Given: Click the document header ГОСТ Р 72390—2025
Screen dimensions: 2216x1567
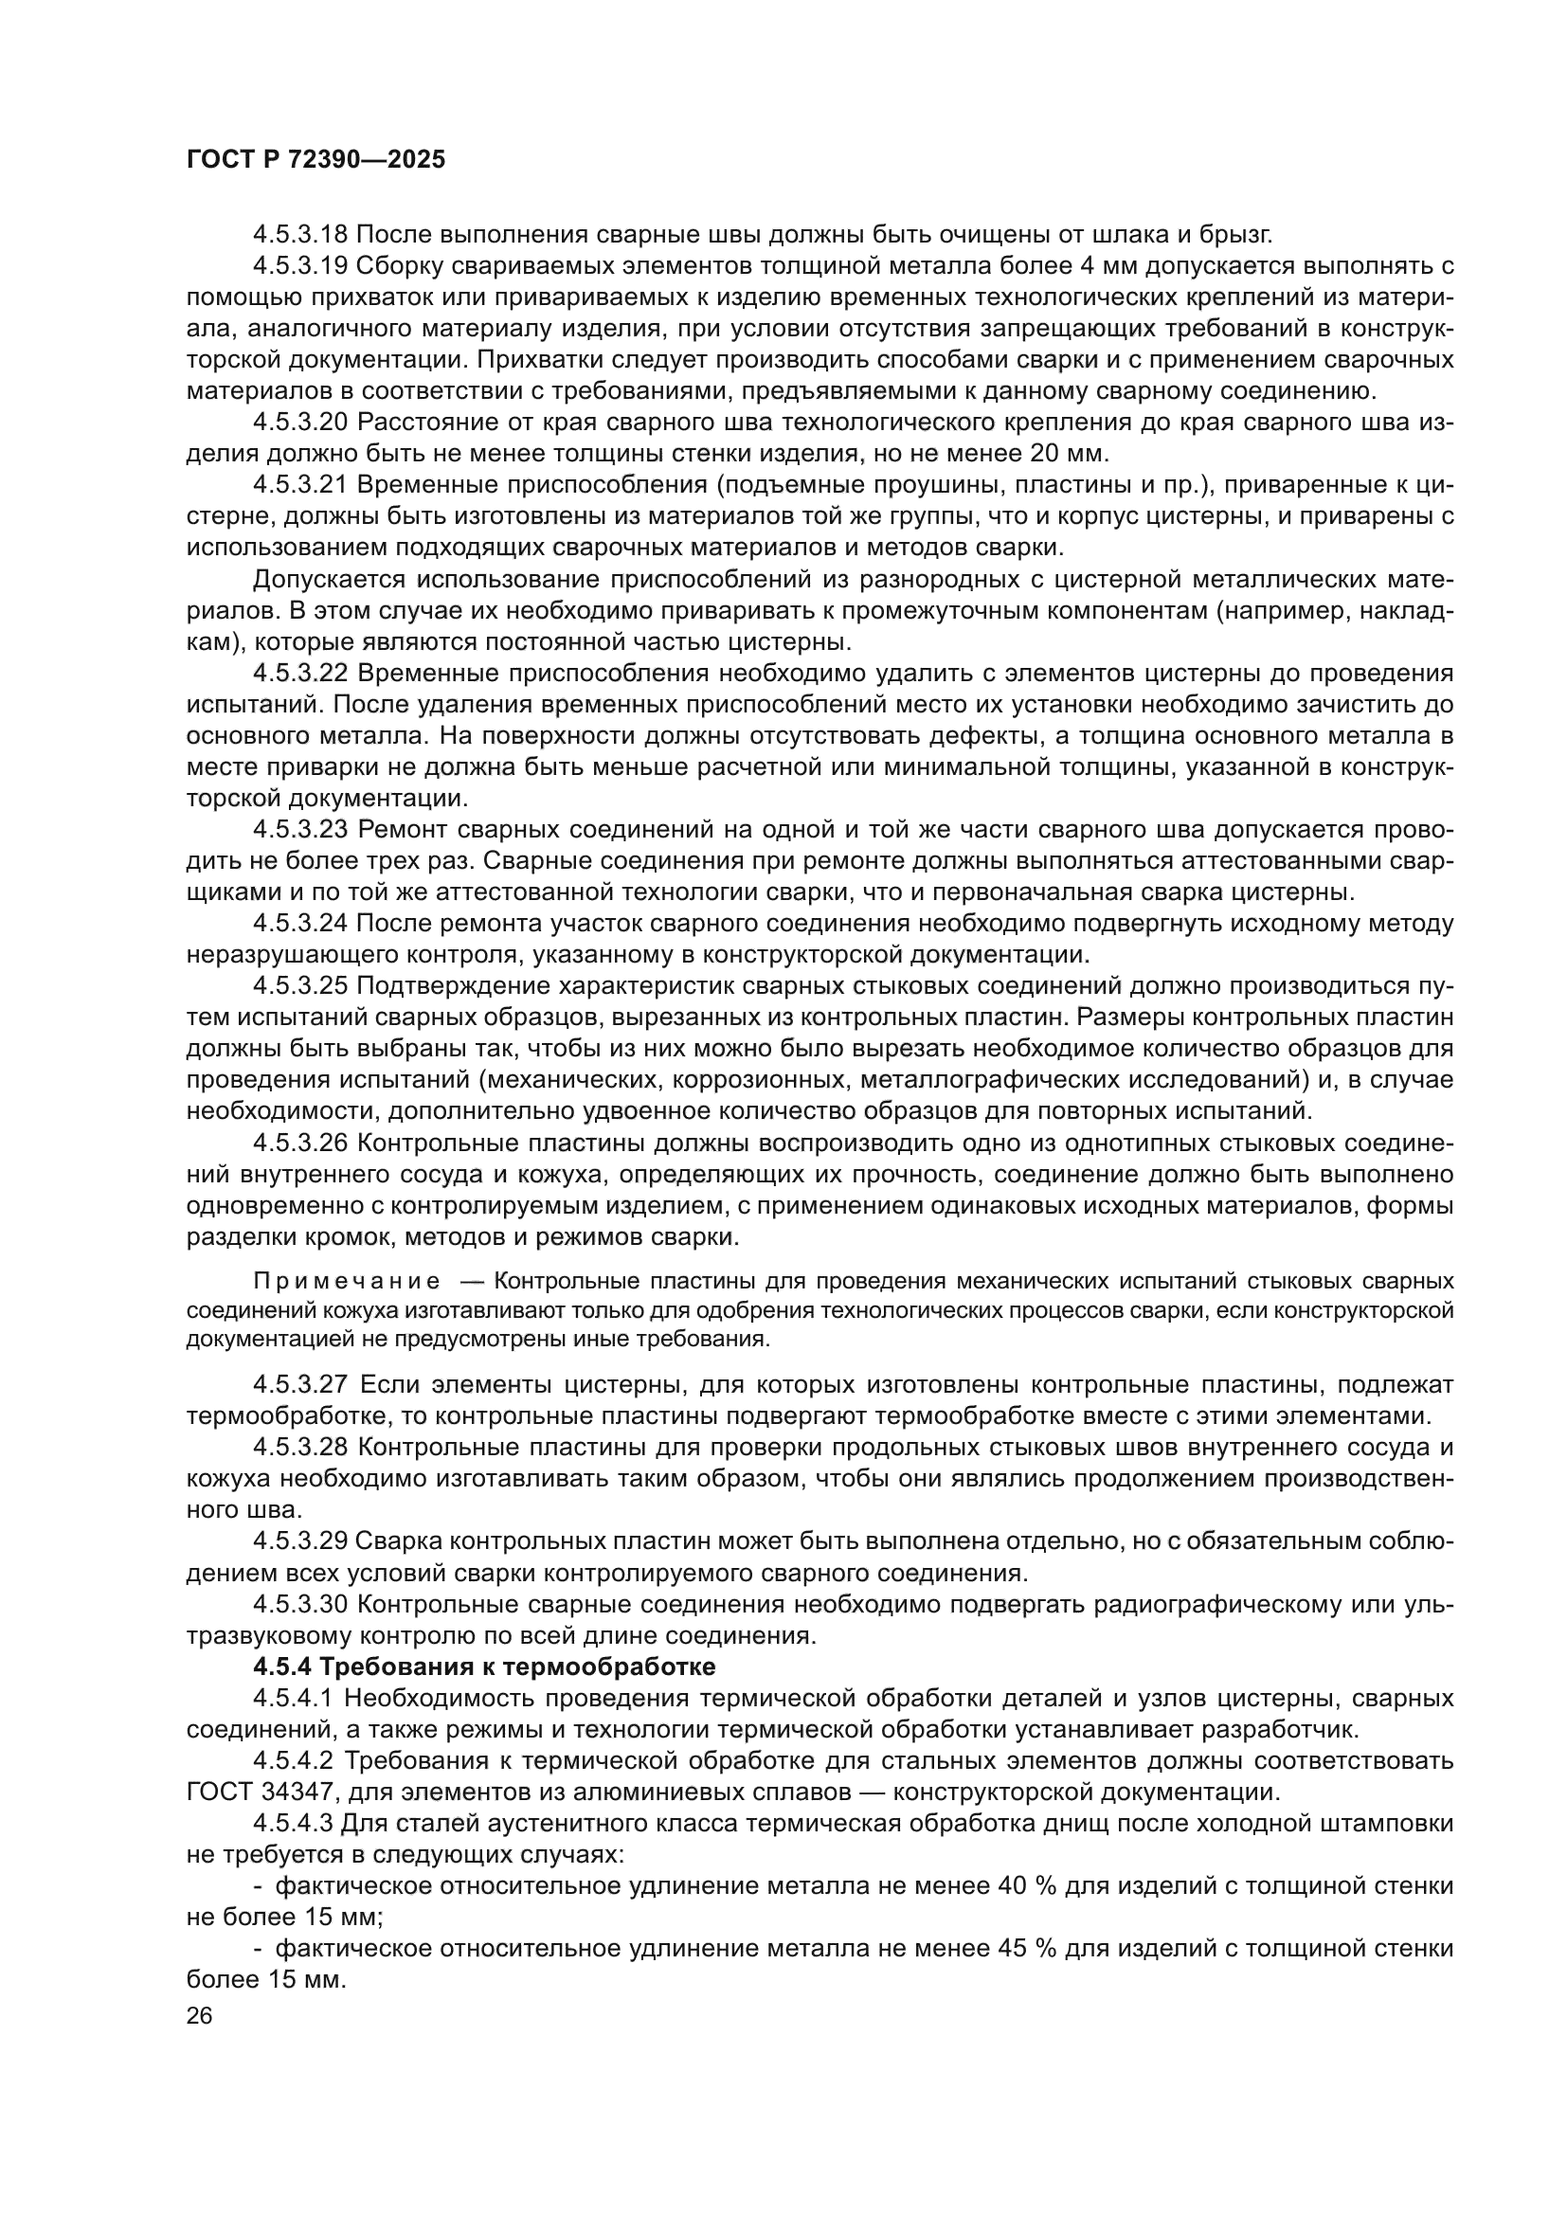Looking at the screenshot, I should (315, 160).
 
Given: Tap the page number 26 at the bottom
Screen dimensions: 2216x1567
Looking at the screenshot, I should (200, 2015).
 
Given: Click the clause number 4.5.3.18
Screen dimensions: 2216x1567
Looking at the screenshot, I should (300, 235).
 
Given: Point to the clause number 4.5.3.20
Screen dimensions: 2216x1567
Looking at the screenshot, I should (300, 423).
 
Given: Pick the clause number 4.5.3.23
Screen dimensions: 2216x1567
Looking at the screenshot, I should (300, 829).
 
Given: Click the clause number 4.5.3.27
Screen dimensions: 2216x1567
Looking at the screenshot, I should (300, 1385).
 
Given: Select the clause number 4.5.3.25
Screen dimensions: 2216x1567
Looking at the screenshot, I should (300, 985).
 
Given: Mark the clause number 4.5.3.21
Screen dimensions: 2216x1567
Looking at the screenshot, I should (300, 485).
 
